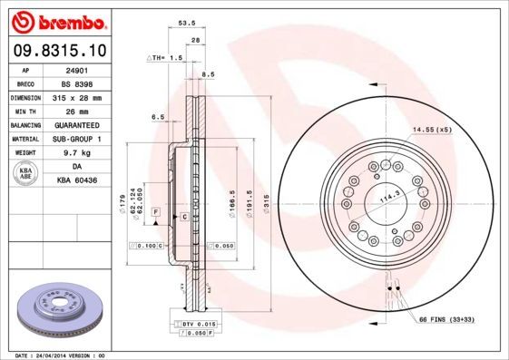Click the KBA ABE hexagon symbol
click(26, 174)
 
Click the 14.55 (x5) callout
click(432, 130)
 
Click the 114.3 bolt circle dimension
click(388, 199)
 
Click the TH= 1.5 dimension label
click(166, 56)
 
